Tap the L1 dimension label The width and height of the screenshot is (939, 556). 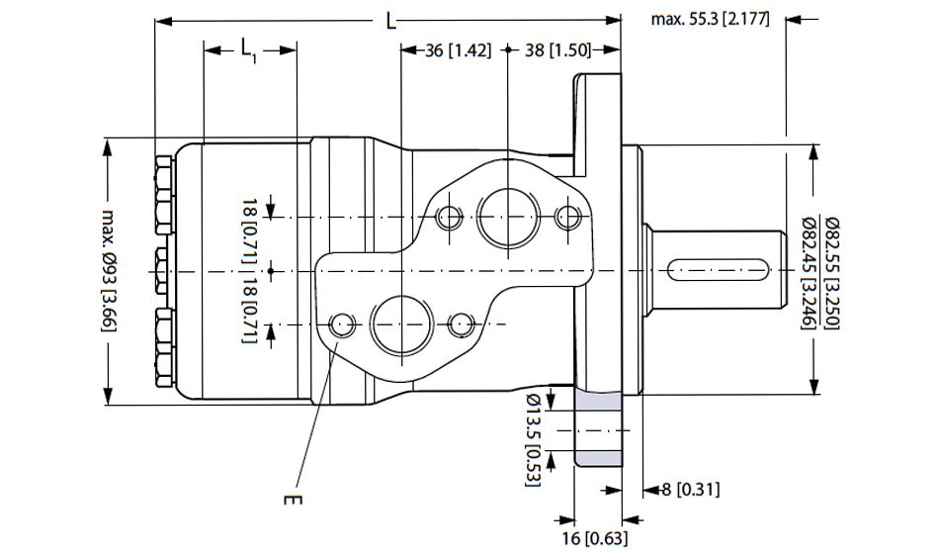(x=249, y=49)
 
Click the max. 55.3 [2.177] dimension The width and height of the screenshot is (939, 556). (x=710, y=19)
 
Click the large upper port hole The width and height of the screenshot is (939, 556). (x=507, y=215)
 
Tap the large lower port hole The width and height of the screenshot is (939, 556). (x=400, y=324)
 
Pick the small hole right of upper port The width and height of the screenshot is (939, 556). (x=567, y=217)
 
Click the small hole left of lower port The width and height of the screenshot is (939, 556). (x=343, y=324)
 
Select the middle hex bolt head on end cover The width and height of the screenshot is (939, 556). (x=162, y=269)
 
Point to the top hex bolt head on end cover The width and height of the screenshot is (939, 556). (x=162, y=193)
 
